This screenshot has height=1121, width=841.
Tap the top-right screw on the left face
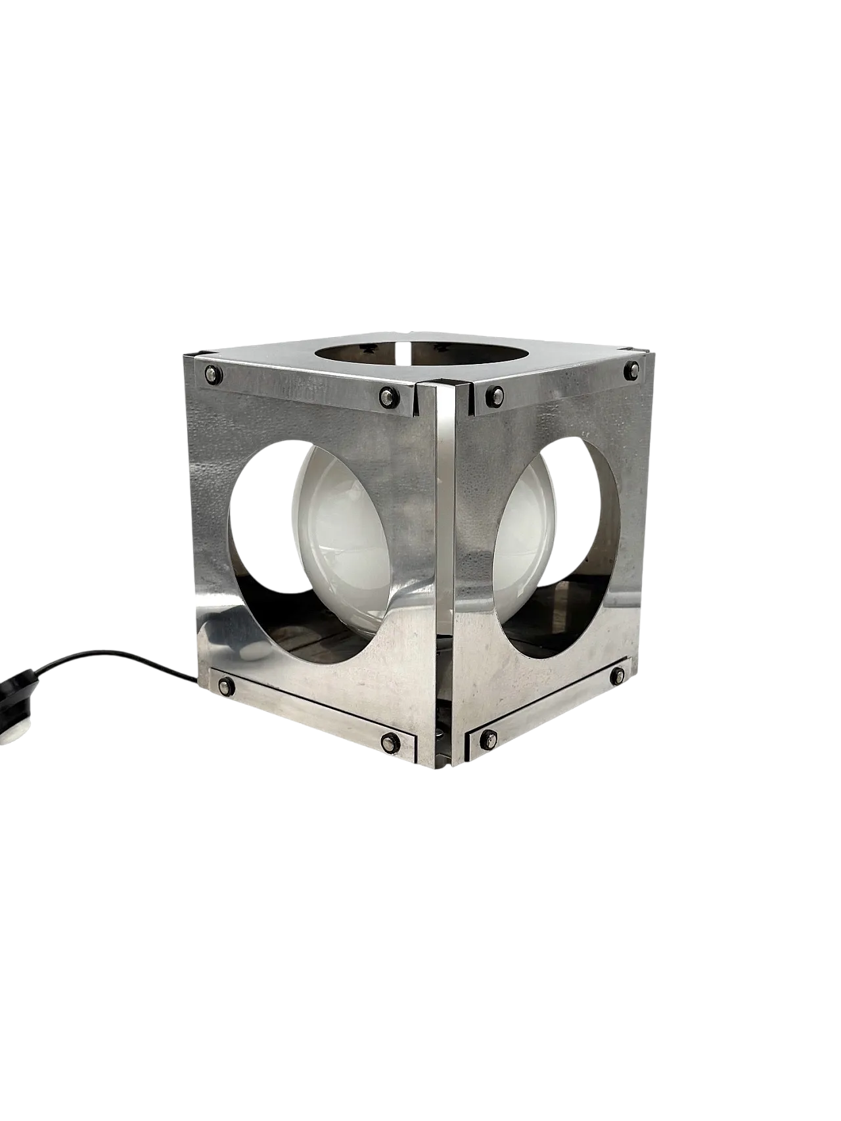(387, 396)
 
